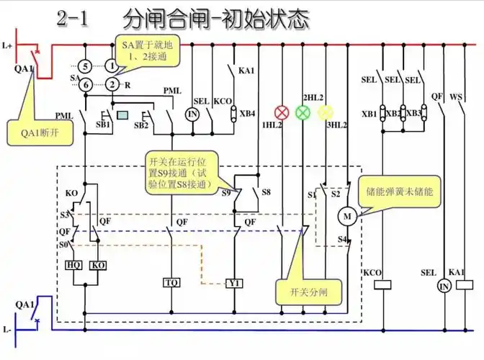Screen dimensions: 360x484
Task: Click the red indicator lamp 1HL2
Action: click(282, 112)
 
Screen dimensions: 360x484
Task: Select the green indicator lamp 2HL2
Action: click(304, 112)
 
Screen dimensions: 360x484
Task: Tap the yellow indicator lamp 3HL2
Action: click(326, 112)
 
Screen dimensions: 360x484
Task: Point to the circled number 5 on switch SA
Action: click(86, 66)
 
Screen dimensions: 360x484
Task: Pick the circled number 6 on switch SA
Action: click(86, 84)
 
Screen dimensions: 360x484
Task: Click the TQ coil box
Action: click(171, 282)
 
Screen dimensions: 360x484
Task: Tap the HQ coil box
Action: click(73, 265)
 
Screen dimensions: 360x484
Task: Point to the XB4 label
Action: click(247, 113)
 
